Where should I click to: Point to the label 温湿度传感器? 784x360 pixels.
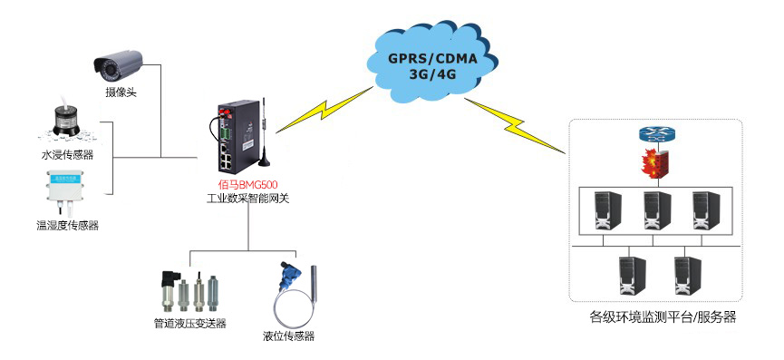coord(61,225)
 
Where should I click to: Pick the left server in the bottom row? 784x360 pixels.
coord(627,274)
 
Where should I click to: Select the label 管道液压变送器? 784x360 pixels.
coord(189,324)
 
